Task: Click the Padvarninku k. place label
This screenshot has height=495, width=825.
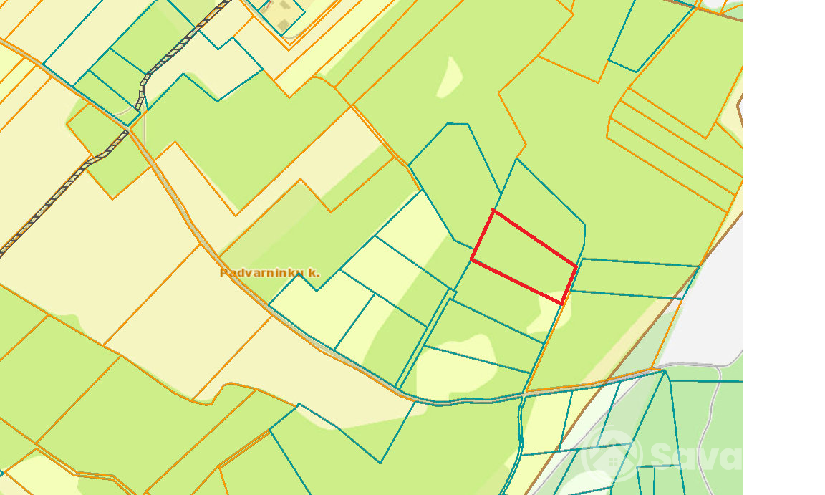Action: (269, 273)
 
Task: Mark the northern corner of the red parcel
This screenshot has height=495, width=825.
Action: (492, 210)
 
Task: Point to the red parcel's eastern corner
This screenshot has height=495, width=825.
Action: (576, 266)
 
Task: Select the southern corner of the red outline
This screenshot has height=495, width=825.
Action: (562, 303)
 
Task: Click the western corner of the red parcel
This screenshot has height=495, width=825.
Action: (471, 259)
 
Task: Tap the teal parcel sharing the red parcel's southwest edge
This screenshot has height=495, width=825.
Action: (501, 298)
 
